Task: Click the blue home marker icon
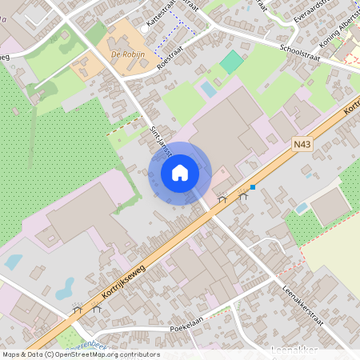pos(179,173)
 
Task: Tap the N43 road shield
pos(302,144)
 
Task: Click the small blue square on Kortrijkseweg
pos(253,187)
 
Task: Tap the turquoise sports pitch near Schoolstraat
pos(231,62)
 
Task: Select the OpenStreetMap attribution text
pos(80,354)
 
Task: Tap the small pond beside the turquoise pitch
pos(208,89)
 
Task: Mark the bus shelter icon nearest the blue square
pos(243,195)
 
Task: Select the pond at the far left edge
pos(13,262)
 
